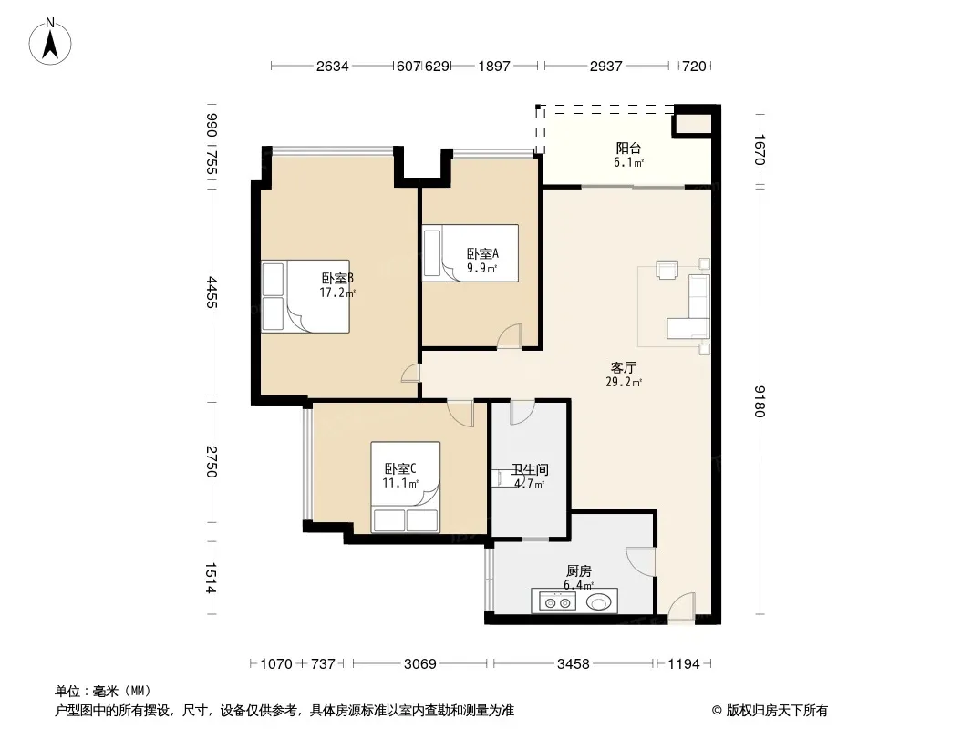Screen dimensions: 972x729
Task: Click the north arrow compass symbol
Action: pyautogui.click(x=50, y=42)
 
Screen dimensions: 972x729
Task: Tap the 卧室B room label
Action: pyautogui.click(x=337, y=278)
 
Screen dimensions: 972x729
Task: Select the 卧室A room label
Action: pyautogui.click(x=482, y=253)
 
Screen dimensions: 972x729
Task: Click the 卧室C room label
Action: pyautogui.click(x=400, y=469)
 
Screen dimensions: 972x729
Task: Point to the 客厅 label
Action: pyautogui.click(x=623, y=368)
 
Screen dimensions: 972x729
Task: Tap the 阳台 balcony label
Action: pyautogui.click(x=628, y=148)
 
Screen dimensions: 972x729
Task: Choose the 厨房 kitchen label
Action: pyautogui.click(x=578, y=571)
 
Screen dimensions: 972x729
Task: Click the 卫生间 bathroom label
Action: pyautogui.click(x=530, y=470)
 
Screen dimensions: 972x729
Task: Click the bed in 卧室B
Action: pyautogui.click(x=305, y=297)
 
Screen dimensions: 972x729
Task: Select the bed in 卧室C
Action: pyautogui.click(x=406, y=487)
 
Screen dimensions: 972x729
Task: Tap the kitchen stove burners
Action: pyautogui.click(x=557, y=601)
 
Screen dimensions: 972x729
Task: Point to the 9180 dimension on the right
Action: pyautogui.click(x=760, y=401)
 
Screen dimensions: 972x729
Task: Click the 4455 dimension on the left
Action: pyautogui.click(x=212, y=293)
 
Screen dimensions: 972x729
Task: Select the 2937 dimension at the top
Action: pyautogui.click(x=605, y=67)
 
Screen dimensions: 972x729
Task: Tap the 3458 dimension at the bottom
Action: pyautogui.click(x=573, y=664)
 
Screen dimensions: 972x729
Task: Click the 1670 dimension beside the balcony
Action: pyautogui.click(x=760, y=149)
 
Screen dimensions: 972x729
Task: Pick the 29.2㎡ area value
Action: pyautogui.click(x=623, y=382)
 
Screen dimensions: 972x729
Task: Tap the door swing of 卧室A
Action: pyautogui.click(x=510, y=336)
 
